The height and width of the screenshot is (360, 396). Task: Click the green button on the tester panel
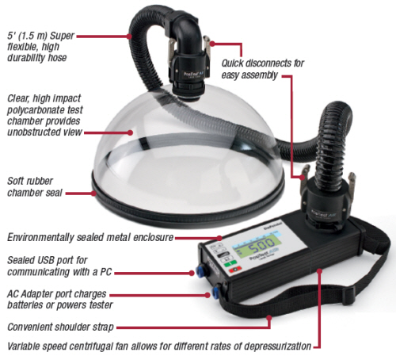[230, 263]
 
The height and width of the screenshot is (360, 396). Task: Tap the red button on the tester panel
[235, 270]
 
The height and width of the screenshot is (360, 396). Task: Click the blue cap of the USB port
[199, 270]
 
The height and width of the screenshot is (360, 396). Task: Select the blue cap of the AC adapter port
[215, 291]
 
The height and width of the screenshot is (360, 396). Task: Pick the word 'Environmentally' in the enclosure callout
[40, 237]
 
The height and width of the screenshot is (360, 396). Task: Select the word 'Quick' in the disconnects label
[232, 63]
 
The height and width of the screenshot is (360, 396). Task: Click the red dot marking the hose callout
[129, 36]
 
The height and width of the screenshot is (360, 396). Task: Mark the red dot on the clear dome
[130, 132]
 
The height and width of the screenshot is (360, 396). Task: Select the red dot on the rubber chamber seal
[93, 193]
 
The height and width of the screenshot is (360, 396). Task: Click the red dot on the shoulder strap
[268, 317]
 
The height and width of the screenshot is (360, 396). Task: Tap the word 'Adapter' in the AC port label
[38, 294]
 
